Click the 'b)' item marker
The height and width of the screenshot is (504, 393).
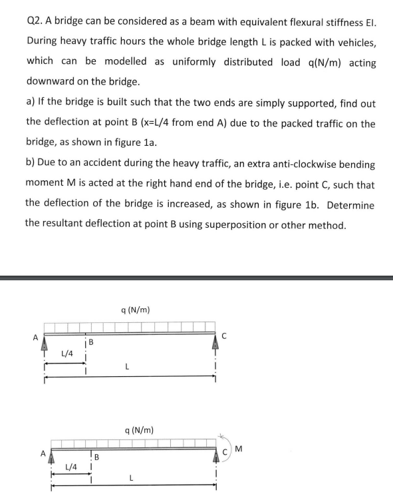point(31,164)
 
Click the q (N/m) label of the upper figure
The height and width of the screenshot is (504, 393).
point(136,310)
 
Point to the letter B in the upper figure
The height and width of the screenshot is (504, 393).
point(92,343)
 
